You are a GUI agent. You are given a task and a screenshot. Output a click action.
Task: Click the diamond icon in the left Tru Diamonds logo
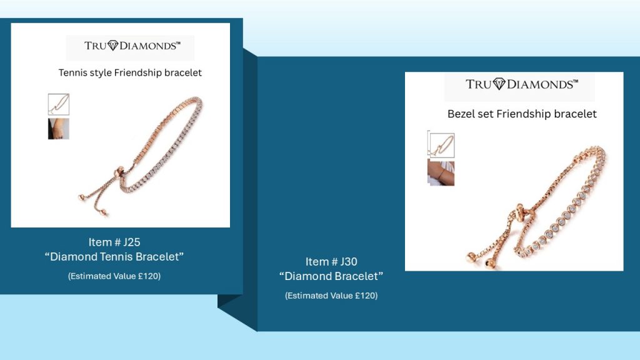coord(112,46)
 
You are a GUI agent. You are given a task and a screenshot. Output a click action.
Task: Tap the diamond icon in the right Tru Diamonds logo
coord(499,84)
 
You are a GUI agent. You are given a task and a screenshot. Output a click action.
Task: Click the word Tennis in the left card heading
coord(71,72)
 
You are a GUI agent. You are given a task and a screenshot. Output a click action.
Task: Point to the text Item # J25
coord(114,242)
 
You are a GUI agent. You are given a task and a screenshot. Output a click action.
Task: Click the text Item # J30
coord(331,262)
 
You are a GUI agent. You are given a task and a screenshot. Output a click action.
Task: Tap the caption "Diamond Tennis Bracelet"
coord(114,257)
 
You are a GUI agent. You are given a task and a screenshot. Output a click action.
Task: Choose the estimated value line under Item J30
coord(331,296)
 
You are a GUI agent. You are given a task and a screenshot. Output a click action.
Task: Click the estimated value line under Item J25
coord(114,276)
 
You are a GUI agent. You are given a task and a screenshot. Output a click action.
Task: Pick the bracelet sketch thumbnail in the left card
coord(59,104)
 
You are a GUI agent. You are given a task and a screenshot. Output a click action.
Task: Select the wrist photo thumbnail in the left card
coord(59,129)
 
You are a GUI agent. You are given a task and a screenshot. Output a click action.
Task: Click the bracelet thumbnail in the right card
coord(441,145)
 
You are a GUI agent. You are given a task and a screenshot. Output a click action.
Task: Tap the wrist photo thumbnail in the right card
coord(441,172)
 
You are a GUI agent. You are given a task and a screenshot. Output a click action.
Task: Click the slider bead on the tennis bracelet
coord(119,171)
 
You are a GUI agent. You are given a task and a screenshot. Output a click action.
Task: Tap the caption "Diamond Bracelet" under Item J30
coord(331,276)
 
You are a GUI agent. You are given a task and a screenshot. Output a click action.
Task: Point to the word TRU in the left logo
coord(96,46)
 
